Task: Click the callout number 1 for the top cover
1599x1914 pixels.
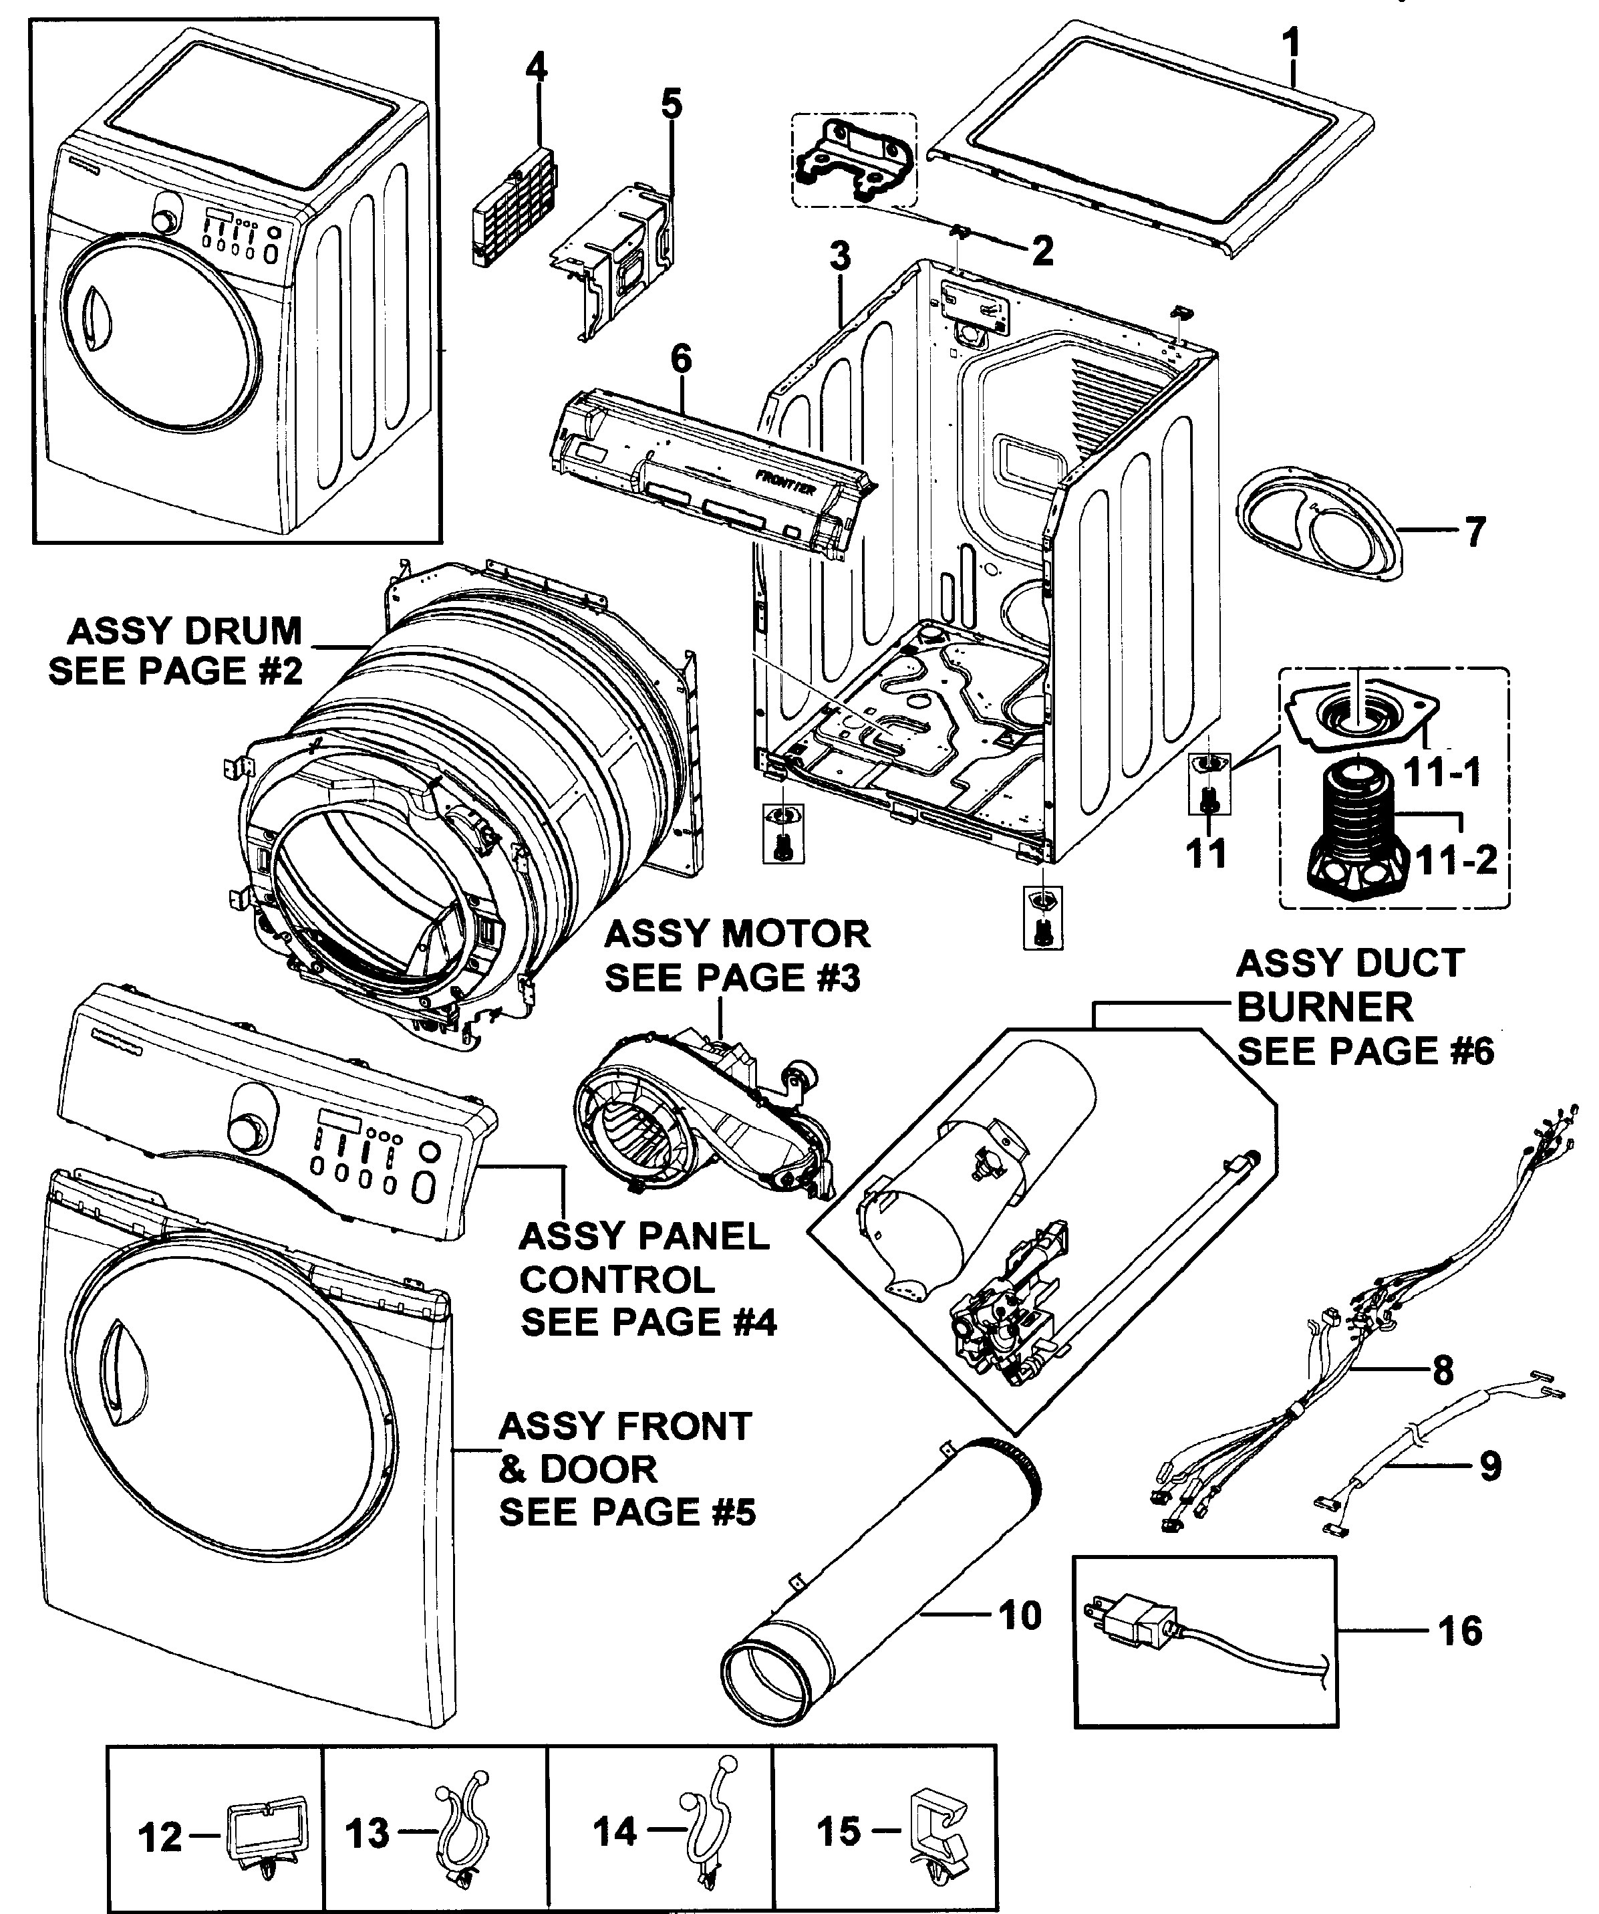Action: pos(1290,43)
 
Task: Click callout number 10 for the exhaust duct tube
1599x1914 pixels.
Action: pos(1020,1616)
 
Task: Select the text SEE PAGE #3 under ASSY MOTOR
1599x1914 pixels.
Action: pos(732,978)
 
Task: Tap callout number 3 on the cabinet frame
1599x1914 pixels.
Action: pos(839,256)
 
